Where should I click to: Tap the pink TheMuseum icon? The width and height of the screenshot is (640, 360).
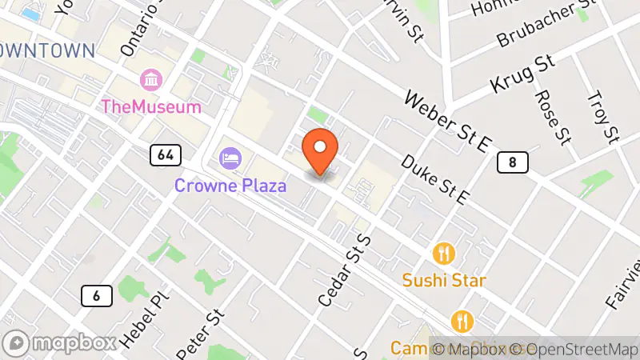click(150, 80)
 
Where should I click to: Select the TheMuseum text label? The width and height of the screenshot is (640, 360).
click(150, 106)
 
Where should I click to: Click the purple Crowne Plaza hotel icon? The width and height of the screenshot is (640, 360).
click(230, 157)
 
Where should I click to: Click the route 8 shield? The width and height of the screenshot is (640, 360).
click(512, 163)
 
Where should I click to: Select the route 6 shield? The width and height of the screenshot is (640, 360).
click(96, 296)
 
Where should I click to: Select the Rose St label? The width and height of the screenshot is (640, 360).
click(552, 117)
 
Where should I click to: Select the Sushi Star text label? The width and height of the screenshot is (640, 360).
click(444, 281)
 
